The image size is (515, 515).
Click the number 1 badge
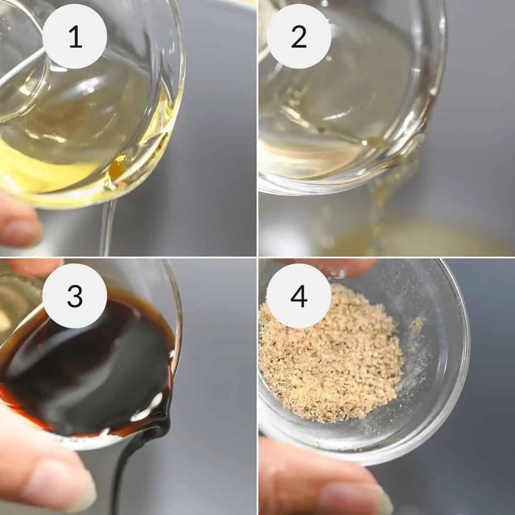[x=75, y=36]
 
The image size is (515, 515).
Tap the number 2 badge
[x=299, y=36]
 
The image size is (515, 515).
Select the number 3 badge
[x=75, y=296]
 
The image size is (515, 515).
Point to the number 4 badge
[x=299, y=296]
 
